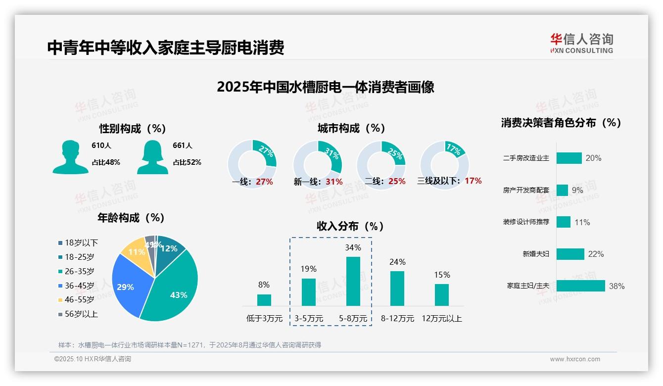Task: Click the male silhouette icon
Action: click(70, 157)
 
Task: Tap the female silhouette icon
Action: click(152, 157)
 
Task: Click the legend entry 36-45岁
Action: click(79, 286)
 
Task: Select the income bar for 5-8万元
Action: click(353, 281)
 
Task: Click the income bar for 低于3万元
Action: click(264, 300)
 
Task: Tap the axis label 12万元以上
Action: click(441, 319)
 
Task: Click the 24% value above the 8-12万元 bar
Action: click(397, 262)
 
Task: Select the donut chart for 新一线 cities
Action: click(317, 164)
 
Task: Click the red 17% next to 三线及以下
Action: click(473, 181)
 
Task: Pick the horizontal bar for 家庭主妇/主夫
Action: click(580, 286)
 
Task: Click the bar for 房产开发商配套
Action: click(562, 190)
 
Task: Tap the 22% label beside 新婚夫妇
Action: click(596, 254)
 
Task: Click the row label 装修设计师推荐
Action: click(526, 222)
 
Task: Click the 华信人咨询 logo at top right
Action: click(582, 44)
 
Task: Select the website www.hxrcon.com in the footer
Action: click(574, 359)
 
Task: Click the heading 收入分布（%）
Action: click(350, 226)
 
